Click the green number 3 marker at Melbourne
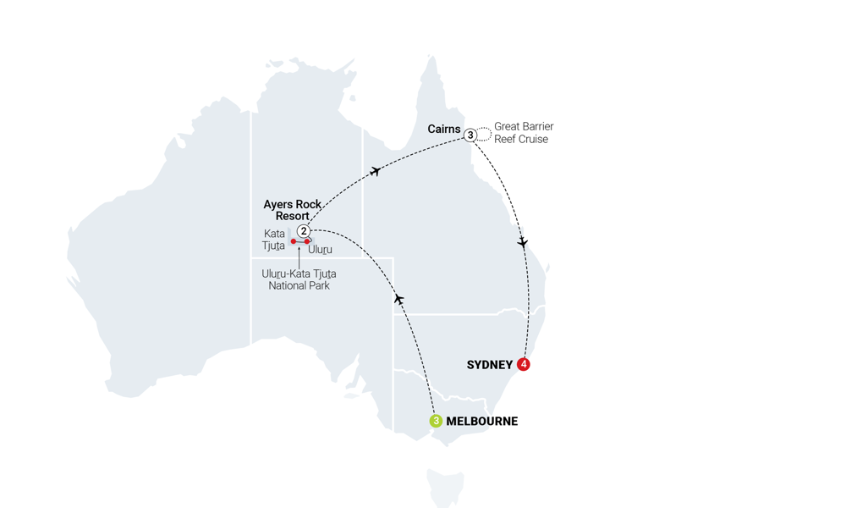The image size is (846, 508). click(x=436, y=421)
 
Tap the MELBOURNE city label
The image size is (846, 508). click(x=481, y=421)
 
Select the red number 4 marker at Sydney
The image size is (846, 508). click(x=524, y=364)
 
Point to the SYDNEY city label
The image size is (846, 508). click(x=490, y=365)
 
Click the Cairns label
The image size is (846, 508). click(x=444, y=130)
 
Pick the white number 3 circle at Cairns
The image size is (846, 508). click(x=470, y=135)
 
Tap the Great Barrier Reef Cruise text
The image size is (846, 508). click(x=523, y=133)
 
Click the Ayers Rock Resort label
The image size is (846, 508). click(x=292, y=210)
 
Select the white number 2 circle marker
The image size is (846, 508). click(x=303, y=231)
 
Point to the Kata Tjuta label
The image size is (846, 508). click(x=274, y=240)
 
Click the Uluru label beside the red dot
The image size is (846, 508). click(x=321, y=250)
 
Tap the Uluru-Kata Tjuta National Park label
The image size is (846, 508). click(x=299, y=279)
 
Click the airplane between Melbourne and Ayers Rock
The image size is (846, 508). click(x=398, y=299)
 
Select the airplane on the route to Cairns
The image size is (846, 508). click(x=375, y=171)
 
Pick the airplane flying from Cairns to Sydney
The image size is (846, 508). click(x=523, y=242)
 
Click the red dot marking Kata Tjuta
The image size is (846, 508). click(x=294, y=241)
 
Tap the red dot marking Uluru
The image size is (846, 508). click(x=307, y=241)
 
